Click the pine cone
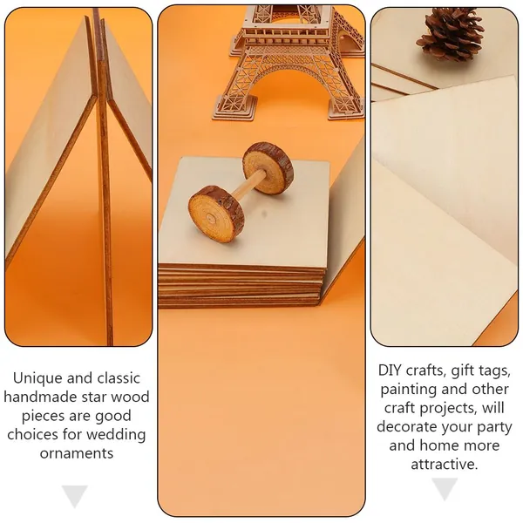[x=450, y=34]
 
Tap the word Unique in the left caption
[x=37, y=378]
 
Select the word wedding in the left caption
[x=116, y=434]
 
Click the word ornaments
[x=77, y=453]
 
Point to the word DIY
[x=390, y=370]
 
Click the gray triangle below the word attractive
[x=445, y=488]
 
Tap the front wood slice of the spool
[x=216, y=214]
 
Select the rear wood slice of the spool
[x=268, y=166]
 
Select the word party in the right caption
[x=494, y=427]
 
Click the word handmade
[x=40, y=397]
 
